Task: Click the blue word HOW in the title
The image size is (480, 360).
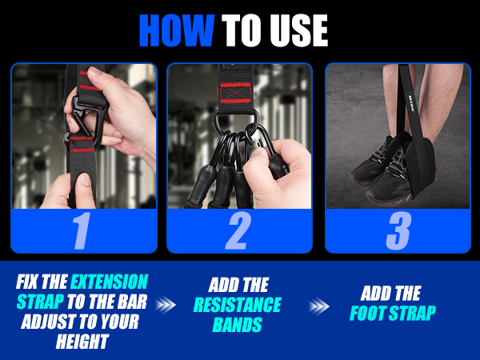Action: tap(177, 30)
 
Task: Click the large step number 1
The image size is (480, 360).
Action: tap(82, 231)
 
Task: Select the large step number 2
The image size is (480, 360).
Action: tap(238, 230)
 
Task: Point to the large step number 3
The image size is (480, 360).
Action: tap(398, 230)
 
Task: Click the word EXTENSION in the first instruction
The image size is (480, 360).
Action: tap(110, 282)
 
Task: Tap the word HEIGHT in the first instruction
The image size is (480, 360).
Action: tap(82, 341)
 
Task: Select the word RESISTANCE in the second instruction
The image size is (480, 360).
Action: tap(238, 305)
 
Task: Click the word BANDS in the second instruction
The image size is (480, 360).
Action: tap(238, 325)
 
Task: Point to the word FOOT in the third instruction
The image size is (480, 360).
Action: tap(367, 313)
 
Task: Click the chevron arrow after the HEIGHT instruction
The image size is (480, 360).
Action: tap(166, 305)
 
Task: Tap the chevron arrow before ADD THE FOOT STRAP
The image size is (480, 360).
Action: tap(319, 306)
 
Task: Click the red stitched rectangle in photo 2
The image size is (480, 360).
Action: tap(236, 93)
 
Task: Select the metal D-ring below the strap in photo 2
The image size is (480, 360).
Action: tap(236, 117)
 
